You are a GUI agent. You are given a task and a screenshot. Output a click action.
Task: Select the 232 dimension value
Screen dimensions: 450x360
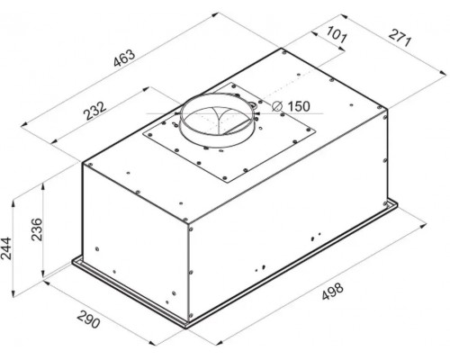coord(94,111)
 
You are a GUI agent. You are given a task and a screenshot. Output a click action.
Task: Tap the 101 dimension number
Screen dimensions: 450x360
coord(337,35)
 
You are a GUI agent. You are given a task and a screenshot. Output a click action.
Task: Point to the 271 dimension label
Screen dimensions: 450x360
coord(400,38)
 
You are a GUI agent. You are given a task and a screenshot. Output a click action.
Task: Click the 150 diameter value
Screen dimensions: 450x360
coord(299,106)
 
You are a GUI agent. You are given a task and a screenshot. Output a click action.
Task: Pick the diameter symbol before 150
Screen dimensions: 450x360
coord(277,106)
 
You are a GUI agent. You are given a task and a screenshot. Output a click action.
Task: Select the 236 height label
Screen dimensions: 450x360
coord(38,229)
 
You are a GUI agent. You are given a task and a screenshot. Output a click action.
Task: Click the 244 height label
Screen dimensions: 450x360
coord(6,248)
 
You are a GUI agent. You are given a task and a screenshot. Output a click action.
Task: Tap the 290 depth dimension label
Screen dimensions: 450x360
coord(88,319)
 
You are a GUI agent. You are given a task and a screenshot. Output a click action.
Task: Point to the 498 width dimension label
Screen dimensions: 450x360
coord(332,291)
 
